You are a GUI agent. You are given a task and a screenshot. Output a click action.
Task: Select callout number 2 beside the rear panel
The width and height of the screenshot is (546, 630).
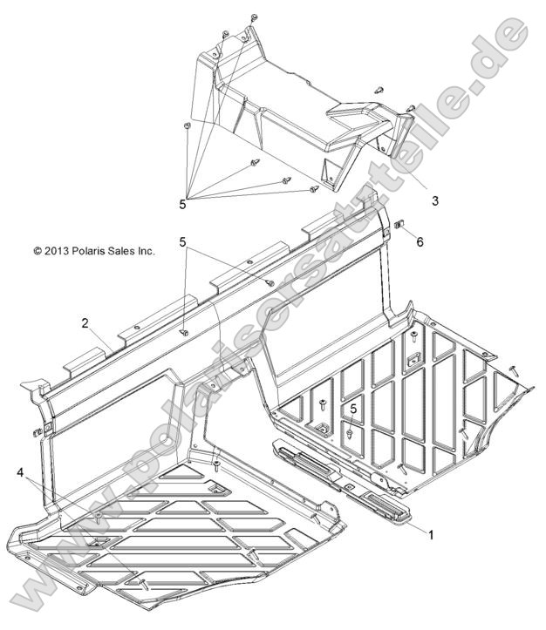tap(85, 322)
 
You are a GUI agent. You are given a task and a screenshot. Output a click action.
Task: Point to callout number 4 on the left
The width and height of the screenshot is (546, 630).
tap(20, 471)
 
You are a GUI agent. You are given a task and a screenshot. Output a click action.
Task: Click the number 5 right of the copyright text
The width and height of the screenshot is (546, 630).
tap(182, 240)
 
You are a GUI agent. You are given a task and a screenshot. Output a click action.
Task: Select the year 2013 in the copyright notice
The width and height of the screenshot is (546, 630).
tap(57, 251)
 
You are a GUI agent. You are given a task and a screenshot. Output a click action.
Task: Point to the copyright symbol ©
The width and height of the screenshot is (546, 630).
tap(38, 251)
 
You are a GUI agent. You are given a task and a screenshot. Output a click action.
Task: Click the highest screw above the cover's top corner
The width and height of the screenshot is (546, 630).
tap(253, 17)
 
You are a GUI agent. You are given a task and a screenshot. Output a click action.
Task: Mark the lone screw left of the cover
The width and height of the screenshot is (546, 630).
tap(188, 127)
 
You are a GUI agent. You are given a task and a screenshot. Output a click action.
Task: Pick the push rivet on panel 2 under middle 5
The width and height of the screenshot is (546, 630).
tap(185, 332)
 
